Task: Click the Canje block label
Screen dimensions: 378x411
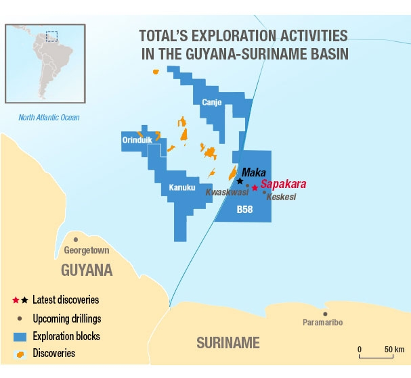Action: pos(212,102)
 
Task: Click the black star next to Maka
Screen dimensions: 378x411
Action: pos(240,181)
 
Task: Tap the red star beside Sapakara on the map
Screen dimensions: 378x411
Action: pos(255,187)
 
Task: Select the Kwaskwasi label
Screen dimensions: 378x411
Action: pos(227,192)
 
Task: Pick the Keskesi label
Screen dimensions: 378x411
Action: pos(281,197)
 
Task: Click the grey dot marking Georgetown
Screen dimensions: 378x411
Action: pos(76,239)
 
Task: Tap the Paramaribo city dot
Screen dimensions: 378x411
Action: pos(326,313)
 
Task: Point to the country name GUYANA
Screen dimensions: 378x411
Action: pos(87,270)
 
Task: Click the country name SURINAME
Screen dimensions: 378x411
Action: pos(228,343)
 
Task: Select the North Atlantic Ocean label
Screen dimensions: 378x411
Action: pos(49,118)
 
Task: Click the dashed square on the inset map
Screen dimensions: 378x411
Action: pos(51,36)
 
